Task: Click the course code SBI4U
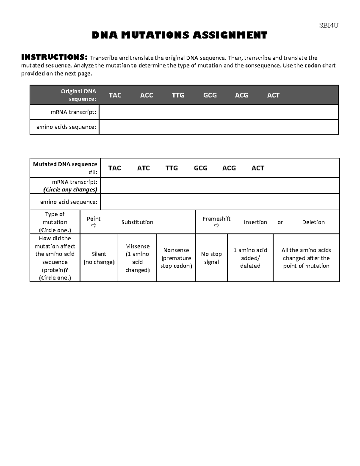coord(329,26)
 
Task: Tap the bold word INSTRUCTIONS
coord(54,57)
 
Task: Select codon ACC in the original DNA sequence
coord(147,95)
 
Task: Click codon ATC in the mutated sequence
coord(143,168)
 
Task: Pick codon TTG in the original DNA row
coord(178,95)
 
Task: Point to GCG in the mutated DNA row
coord(201,168)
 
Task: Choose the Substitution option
coord(137,222)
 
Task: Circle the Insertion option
coord(255,222)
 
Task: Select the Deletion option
coord(313,222)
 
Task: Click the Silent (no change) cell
coord(99,258)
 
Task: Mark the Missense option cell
coord(137,258)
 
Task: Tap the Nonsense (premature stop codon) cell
coord(176,258)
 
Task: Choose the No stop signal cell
coord(211,258)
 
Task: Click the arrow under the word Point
coord(94,226)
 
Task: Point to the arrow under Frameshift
coord(217,226)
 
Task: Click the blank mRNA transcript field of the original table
coord(218,112)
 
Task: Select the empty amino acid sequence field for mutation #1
coord(220,202)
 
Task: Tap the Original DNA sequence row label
coord(79,95)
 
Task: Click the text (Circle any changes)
coord(70,190)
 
